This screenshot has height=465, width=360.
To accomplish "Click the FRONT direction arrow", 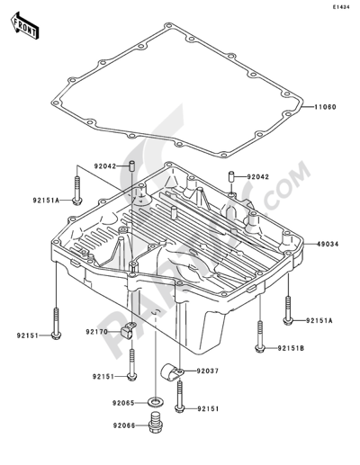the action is pyautogui.click(x=24, y=25).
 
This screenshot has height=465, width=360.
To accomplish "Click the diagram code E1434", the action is pyautogui.click(x=340, y=7).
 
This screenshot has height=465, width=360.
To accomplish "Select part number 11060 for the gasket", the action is pyautogui.click(x=325, y=107).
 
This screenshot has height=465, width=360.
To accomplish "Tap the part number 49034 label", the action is pyautogui.click(x=327, y=245).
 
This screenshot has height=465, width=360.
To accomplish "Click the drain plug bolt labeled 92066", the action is pyautogui.click(x=155, y=423).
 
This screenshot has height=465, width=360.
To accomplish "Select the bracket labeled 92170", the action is pyautogui.click(x=128, y=330).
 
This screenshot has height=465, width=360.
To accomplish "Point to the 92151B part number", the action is pyautogui.click(x=291, y=348).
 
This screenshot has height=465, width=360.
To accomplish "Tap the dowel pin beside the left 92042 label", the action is pyautogui.click(x=131, y=166).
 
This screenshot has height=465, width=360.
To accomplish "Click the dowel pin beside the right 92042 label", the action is pyautogui.click(x=231, y=176).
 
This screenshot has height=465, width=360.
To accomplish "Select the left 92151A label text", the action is pyautogui.click(x=46, y=200).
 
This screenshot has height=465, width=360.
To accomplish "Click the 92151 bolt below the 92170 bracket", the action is pyautogui.click(x=132, y=364).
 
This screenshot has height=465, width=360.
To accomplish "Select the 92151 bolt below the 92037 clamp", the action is pyautogui.click(x=179, y=397).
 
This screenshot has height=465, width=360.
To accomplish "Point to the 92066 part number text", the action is pyautogui.click(x=124, y=425).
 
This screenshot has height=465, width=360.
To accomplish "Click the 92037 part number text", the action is pyautogui.click(x=208, y=371).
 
